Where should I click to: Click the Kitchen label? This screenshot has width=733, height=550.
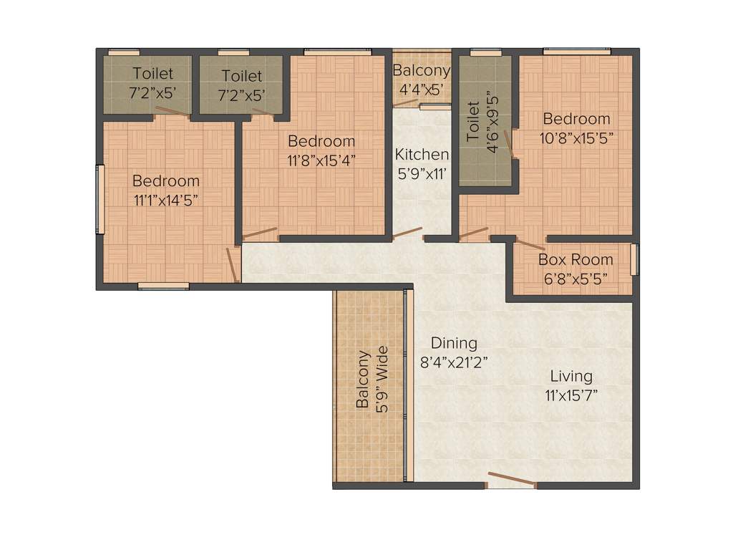[422, 155]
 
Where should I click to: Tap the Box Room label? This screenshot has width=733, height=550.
[576, 260]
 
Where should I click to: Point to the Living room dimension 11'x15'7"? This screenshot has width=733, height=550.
[571, 394]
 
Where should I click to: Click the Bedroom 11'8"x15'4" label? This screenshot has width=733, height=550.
[321, 150]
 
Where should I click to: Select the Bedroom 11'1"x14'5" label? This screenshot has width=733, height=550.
[166, 190]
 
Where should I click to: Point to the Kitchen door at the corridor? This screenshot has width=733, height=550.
[407, 233]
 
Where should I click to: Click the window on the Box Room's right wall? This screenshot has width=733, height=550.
[634, 259]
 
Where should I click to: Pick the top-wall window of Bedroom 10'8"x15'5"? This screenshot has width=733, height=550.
[576, 52]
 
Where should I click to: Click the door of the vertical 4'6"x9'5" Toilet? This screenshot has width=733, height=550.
[509, 143]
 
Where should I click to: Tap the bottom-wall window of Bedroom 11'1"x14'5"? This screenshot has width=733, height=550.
[163, 286]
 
